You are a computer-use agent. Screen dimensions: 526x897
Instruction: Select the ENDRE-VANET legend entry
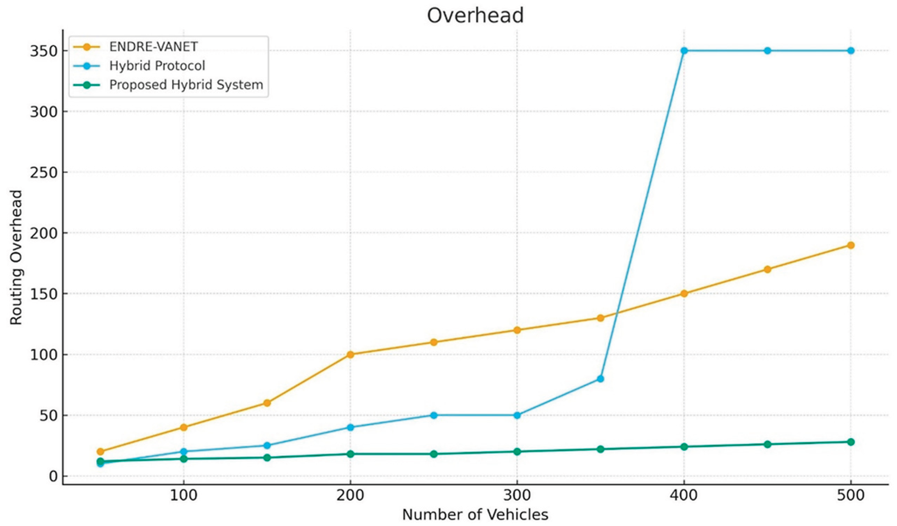(153, 47)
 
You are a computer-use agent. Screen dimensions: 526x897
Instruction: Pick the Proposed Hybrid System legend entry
(186, 85)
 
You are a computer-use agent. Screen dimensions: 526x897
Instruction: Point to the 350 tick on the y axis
(44, 51)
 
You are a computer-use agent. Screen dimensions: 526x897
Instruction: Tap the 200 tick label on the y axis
(44, 233)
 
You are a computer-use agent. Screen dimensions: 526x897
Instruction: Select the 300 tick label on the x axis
(517, 495)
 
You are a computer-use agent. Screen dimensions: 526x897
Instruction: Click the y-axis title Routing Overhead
(16, 257)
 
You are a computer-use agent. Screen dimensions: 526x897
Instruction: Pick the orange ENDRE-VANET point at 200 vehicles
(350, 354)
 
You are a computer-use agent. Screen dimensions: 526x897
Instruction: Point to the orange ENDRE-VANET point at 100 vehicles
(184, 427)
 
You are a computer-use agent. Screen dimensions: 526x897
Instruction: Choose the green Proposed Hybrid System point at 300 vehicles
(517, 452)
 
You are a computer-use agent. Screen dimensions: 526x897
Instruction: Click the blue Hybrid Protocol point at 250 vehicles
(433, 415)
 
